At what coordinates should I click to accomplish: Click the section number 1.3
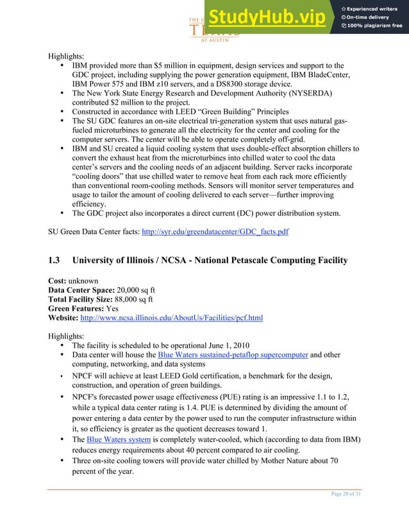pyautogui.click(x=54, y=260)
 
